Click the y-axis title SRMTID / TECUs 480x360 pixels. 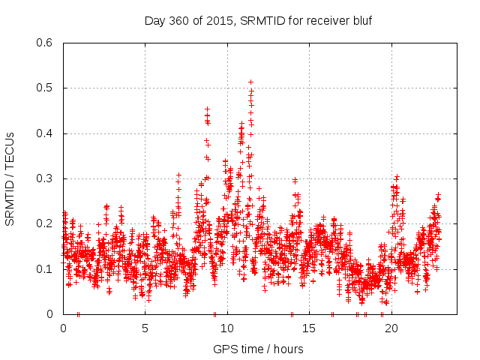tap(10, 178)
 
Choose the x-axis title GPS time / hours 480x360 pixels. tap(258, 349)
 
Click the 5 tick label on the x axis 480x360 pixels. tap(145, 328)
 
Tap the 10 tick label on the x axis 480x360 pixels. tap(226, 328)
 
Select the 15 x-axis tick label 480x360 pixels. tap(309, 328)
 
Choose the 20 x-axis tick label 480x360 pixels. tap(391, 328)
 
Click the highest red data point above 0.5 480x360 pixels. tap(250, 82)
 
